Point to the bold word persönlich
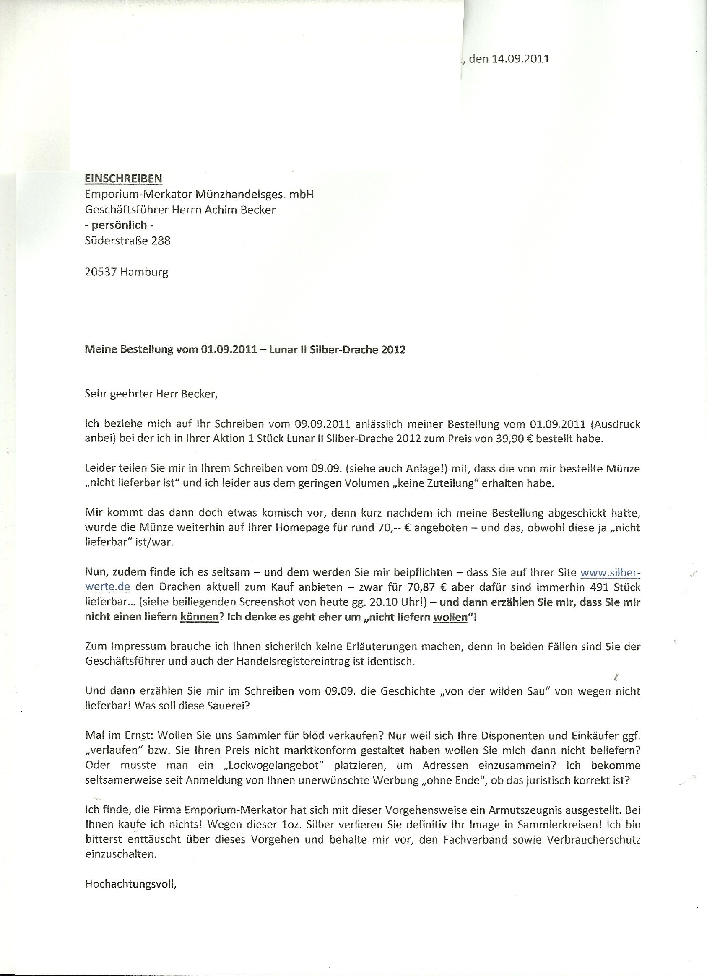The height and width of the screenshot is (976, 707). pyautogui.click(x=119, y=225)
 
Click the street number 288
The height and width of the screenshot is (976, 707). pyautogui.click(x=161, y=241)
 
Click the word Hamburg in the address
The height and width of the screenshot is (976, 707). pyautogui.click(x=145, y=273)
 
